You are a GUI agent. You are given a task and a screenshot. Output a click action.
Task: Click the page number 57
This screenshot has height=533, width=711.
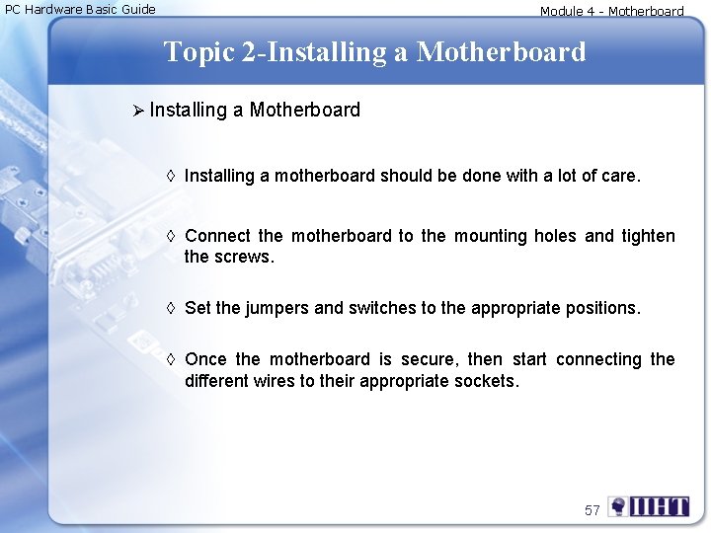[592, 510]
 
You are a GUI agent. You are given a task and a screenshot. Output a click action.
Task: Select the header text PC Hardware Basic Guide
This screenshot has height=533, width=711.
[80, 10]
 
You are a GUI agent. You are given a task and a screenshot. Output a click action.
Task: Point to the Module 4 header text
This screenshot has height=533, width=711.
[611, 12]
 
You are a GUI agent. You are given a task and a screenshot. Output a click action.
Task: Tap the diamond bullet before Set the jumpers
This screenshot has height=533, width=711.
[171, 309]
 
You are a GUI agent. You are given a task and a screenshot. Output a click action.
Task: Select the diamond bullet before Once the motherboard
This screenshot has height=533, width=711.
[171, 360]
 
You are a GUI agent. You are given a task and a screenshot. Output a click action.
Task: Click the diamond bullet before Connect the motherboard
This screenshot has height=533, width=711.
[171, 237]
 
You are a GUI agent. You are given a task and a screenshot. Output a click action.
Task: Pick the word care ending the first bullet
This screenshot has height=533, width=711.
[620, 177]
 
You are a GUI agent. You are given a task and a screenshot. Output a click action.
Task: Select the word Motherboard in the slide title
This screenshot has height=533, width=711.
[501, 51]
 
